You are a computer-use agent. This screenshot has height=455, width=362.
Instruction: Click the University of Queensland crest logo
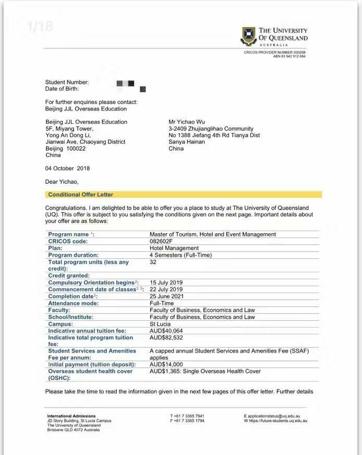click(x=248, y=36)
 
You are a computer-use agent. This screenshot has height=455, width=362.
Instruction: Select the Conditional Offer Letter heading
click(x=81, y=195)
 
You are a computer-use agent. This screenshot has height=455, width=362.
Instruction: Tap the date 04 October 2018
click(x=67, y=169)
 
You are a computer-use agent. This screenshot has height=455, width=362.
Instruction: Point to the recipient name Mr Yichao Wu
click(x=187, y=122)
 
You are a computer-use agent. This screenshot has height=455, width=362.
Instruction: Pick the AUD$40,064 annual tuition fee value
click(x=166, y=331)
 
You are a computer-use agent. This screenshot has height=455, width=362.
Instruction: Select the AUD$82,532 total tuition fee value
click(x=166, y=337)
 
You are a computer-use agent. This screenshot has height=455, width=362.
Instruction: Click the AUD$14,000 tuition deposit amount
click(x=166, y=364)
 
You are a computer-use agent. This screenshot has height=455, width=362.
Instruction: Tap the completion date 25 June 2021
click(x=166, y=296)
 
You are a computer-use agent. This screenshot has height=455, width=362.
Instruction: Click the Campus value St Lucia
click(x=160, y=324)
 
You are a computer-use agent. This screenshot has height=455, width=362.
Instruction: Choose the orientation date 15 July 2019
click(x=166, y=283)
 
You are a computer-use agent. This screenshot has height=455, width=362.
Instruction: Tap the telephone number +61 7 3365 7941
click(x=187, y=416)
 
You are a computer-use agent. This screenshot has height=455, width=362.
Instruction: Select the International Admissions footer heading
click(x=71, y=416)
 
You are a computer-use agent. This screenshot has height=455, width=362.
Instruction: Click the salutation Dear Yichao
click(x=62, y=182)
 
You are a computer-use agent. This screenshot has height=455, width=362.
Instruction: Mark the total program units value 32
click(x=153, y=262)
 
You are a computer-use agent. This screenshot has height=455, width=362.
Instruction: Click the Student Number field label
click(x=67, y=82)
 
